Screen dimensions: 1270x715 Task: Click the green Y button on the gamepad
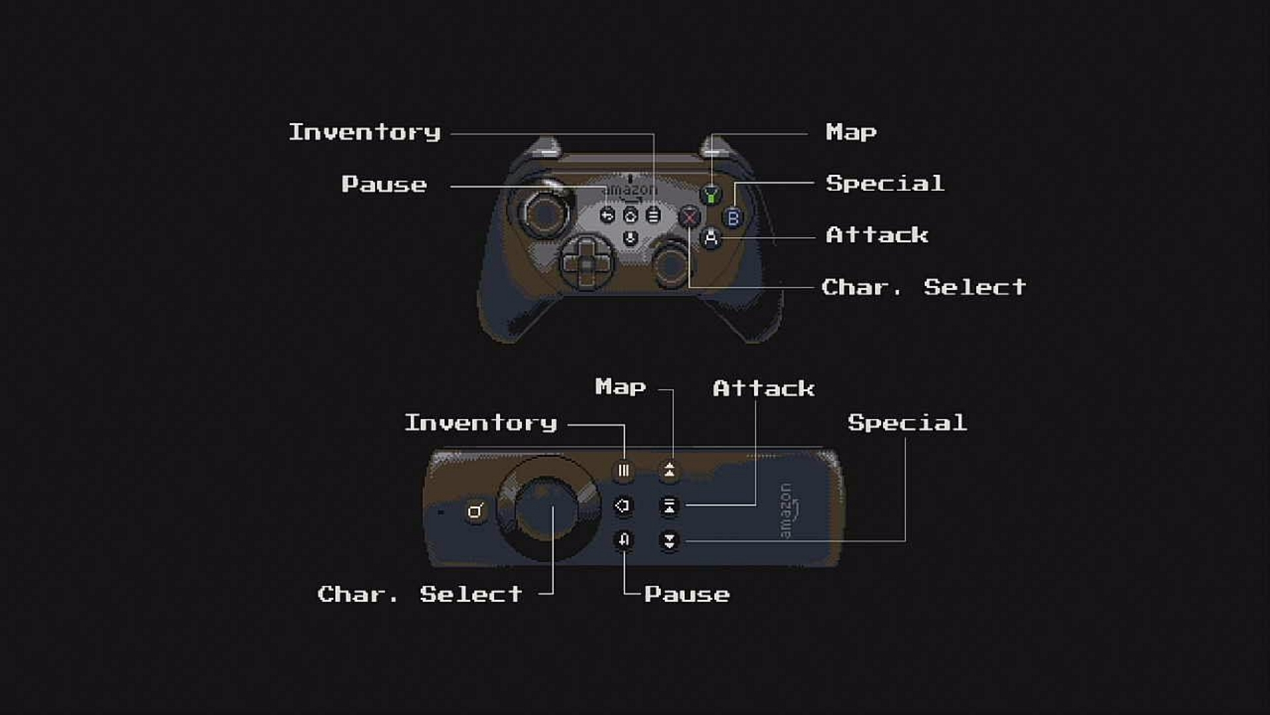pos(711,195)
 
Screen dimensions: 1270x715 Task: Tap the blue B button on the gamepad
pos(733,217)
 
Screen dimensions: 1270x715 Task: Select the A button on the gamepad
pos(711,238)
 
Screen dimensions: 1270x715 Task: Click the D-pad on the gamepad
pos(587,263)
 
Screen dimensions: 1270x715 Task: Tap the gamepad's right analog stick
pos(671,265)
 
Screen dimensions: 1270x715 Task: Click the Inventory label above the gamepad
pos(364,132)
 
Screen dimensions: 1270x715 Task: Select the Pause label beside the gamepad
pos(384,184)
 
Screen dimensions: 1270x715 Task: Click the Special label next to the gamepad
pos(885,183)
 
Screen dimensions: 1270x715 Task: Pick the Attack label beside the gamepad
pos(877,235)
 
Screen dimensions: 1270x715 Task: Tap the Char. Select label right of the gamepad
pos(924,287)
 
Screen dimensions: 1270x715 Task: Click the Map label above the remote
pos(620,387)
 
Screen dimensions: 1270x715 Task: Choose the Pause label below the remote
pos(687,595)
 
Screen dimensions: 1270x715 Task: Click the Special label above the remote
pos(908,423)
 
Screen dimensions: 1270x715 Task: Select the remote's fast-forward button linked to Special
pos(669,541)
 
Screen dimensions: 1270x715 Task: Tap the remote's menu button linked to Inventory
pos(623,471)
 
